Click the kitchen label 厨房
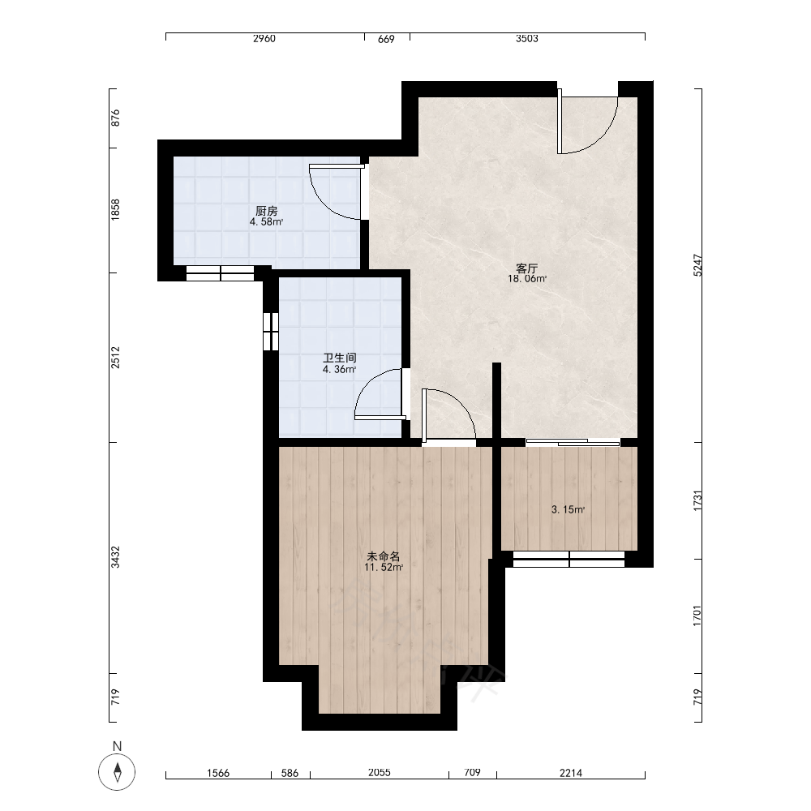[266, 211]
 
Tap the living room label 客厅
[526, 268]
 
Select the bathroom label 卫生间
[339, 358]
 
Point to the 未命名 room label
[384, 556]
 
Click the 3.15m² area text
[568, 509]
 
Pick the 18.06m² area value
[527, 279]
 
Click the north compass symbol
[117, 772]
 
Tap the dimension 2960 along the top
[264, 39]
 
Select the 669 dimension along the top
[386, 39]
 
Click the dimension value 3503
[527, 39]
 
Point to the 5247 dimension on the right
[697, 265]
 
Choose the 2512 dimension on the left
[115, 358]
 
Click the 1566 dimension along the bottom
[218, 773]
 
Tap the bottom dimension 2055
[380, 773]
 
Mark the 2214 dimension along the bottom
[571, 773]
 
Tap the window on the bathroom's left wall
[271, 332]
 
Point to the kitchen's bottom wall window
[221, 273]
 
